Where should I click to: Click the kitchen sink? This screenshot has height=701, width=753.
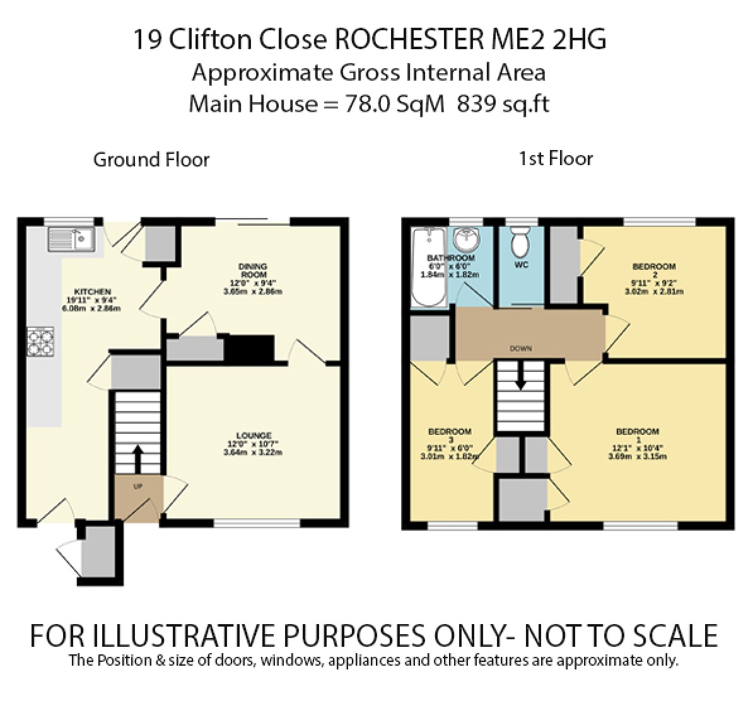click(71, 239)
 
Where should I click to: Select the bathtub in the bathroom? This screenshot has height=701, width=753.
click(428, 268)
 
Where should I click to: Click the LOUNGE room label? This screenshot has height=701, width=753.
click(254, 436)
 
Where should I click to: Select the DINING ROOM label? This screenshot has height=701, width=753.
click(253, 270)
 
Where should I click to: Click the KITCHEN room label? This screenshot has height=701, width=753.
click(93, 292)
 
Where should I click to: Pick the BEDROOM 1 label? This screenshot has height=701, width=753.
click(638, 432)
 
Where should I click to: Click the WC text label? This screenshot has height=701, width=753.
click(521, 265)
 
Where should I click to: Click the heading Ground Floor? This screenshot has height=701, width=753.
click(151, 159)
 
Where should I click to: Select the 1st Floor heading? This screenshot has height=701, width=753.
click(556, 158)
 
